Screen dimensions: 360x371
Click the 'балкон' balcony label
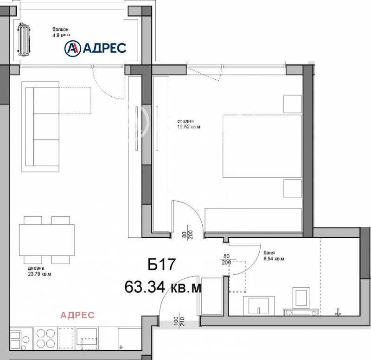click(x=61, y=29)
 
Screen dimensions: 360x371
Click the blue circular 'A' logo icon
click(x=72, y=48)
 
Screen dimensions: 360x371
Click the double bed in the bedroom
click(x=262, y=146)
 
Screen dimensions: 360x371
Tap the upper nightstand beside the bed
click(x=293, y=104)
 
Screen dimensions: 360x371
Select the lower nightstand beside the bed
click(x=293, y=188)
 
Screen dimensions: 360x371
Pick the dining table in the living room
click(x=46, y=240)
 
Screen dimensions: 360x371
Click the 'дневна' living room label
click(x=36, y=268)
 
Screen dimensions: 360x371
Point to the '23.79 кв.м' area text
click(x=39, y=274)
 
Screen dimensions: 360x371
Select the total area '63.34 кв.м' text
click(x=163, y=287)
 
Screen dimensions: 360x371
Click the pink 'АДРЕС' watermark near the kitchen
click(x=78, y=315)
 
